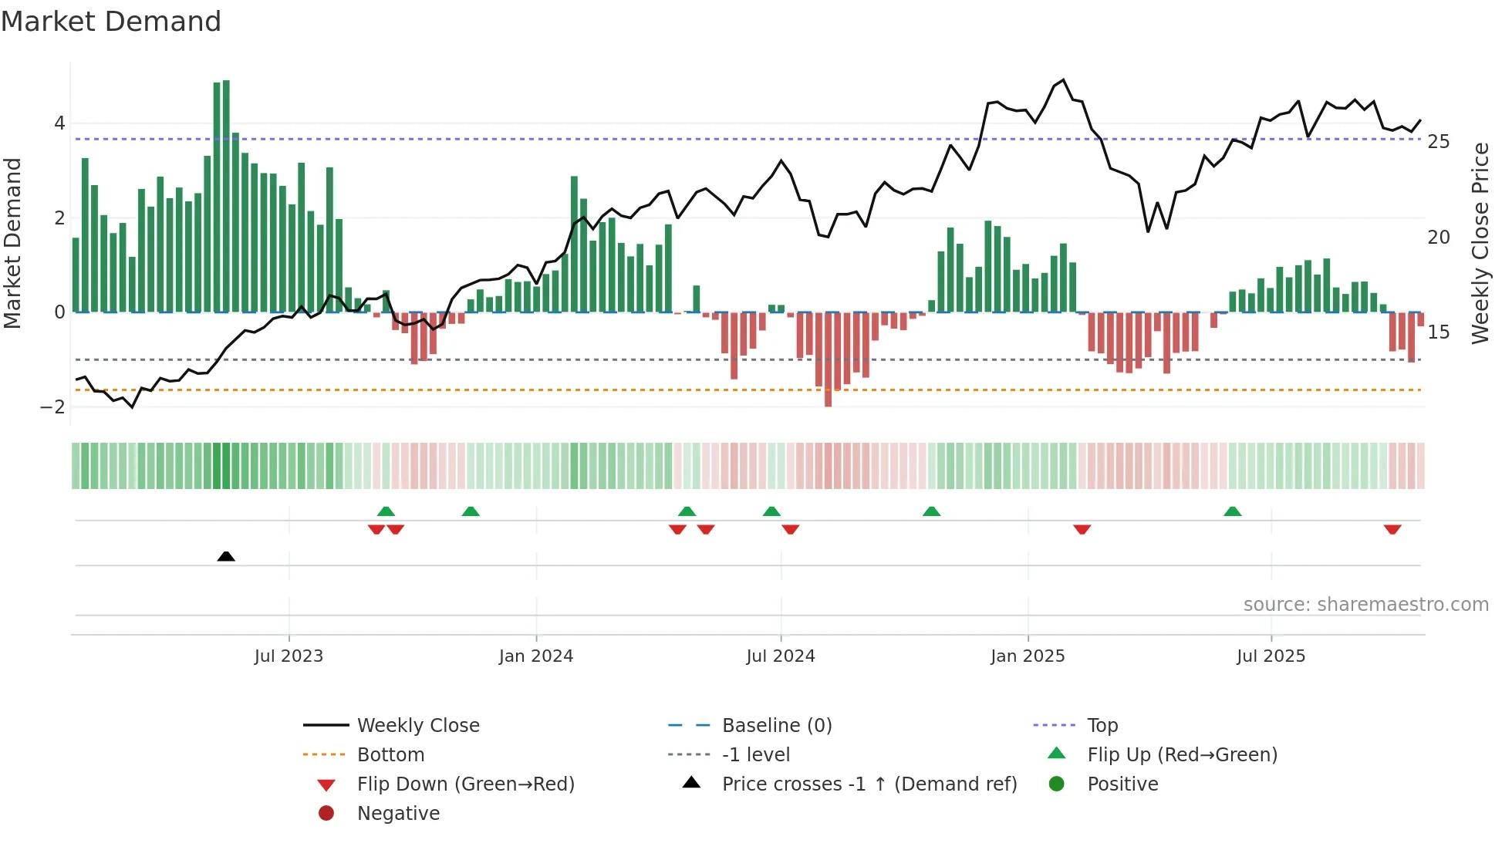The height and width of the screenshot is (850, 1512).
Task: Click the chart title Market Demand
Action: (x=111, y=22)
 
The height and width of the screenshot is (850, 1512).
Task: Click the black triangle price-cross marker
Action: (x=226, y=556)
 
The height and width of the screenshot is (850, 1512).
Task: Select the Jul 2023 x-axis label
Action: (x=289, y=656)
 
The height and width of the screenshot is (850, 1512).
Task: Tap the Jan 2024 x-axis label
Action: (x=535, y=656)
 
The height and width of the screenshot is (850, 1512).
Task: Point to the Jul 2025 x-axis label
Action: (x=1271, y=656)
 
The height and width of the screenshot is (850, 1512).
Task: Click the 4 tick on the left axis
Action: (x=59, y=123)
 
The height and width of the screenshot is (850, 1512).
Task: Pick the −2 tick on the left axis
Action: (x=53, y=407)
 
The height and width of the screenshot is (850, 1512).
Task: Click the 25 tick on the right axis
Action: (x=1438, y=142)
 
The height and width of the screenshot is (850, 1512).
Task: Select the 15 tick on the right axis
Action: (x=1438, y=332)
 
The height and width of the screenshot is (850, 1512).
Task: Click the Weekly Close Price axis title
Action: (x=1480, y=243)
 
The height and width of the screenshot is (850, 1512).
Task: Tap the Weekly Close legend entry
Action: (x=417, y=726)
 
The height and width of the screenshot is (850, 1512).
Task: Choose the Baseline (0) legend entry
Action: (x=776, y=726)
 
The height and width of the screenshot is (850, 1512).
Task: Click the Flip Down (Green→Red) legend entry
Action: (x=465, y=784)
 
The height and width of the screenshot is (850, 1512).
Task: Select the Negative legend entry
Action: (x=398, y=814)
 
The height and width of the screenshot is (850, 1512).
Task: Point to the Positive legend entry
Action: (x=1122, y=784)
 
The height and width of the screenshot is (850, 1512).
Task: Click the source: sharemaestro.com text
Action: (x=1365, y=605)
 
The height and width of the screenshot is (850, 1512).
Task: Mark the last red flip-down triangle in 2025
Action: (x=1392, y=529)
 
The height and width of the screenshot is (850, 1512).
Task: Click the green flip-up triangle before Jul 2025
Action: (x=1232, y=511)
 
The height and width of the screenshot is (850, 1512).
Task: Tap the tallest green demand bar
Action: (x=226, y=197)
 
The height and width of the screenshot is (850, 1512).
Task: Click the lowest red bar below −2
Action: (x=828, y=359)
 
